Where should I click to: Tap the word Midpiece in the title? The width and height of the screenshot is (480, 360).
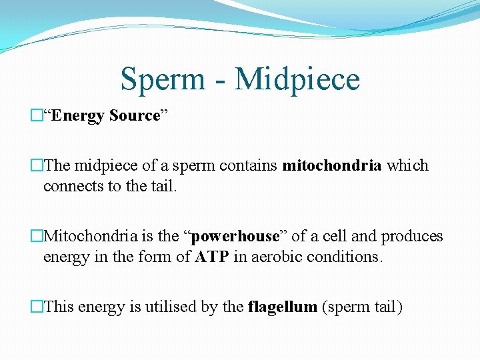(297, 79)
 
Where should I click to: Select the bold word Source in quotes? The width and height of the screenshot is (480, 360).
(135, 116)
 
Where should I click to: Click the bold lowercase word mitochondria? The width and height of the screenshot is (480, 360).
(332, 165)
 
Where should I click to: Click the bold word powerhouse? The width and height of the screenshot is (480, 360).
(235, 236)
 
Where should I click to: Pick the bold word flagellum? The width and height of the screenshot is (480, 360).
(283, 307)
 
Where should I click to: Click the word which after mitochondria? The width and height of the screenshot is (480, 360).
(408, 165)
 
